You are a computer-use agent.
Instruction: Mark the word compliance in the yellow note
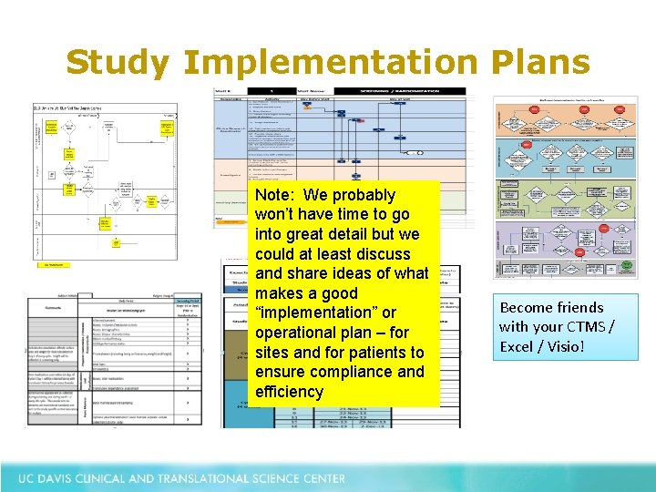pos(348,372)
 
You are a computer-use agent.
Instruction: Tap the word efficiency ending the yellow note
pos(290,392)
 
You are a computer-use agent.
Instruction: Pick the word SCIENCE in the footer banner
pos(278,478)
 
